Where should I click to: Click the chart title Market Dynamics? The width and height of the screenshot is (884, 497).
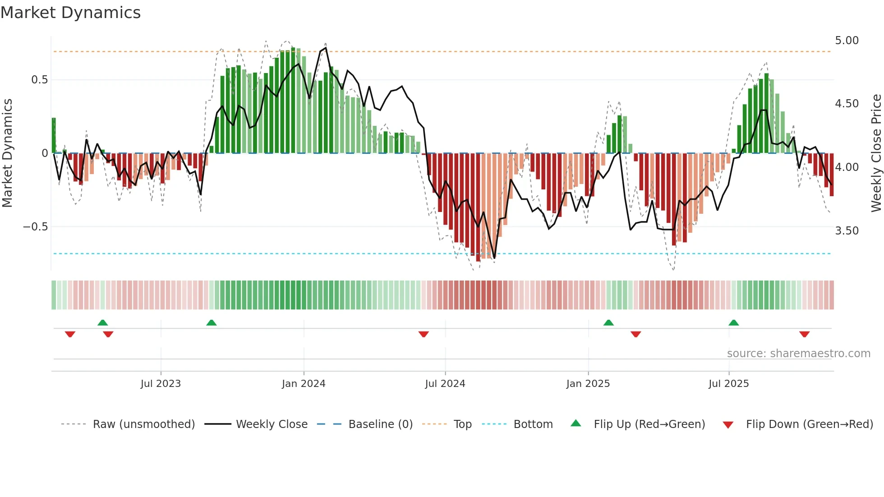[71, 13]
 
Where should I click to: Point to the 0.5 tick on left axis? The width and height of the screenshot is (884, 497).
[39, 80]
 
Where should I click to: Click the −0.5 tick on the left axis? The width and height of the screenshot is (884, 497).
[36, 227]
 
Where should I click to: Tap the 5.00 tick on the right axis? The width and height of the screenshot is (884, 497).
[847, 41]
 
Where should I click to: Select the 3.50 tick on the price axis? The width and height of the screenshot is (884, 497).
[847, 231]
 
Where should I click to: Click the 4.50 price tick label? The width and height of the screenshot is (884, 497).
[847, 104]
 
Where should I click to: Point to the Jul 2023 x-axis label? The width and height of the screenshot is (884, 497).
[161, 384]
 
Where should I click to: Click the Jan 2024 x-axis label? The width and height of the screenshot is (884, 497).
[304, 384]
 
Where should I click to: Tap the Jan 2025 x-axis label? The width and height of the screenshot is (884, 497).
[588, 384]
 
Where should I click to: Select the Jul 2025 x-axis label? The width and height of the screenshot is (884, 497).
[728, 384]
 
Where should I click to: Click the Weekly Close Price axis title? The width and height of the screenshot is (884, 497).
[876, 153]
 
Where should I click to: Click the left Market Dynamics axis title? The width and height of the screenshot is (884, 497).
[7, 153]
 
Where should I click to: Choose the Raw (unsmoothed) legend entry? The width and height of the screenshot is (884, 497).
[143, 424]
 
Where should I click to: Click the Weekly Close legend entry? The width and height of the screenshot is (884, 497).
[272, 424]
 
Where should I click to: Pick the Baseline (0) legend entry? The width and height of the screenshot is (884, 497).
[380, 424]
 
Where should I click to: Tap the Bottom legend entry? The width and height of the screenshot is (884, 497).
[533, 424]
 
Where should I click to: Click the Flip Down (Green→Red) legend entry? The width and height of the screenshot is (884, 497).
[809, 424]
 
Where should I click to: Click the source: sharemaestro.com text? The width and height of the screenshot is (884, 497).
[798, 354]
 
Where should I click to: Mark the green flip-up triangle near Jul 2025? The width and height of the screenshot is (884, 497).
[733, 322]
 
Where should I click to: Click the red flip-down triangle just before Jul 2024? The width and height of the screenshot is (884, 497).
[424, 334]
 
